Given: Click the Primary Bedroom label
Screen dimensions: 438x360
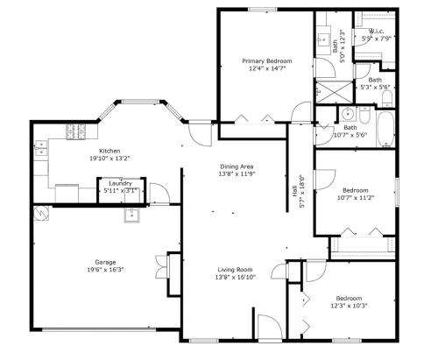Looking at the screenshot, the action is pos(267,61).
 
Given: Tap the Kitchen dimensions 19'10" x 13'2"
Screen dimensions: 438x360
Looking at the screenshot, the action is pos(109,159).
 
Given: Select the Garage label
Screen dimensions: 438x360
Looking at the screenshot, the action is pos(105,262).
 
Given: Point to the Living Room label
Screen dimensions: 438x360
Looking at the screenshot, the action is pos(235,270).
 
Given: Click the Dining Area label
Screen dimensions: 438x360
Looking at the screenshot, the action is pos(237,166).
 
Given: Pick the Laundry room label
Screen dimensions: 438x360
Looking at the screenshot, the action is pos(121,183).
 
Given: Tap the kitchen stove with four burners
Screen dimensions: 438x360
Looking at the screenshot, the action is pos(76,131).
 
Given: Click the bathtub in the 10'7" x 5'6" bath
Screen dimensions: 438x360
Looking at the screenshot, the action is pos(385,129).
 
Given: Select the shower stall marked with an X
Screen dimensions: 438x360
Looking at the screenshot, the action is pos(335,92).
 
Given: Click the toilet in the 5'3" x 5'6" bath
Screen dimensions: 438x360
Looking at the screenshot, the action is pos(387,99).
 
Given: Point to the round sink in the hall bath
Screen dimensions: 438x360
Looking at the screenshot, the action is pos(348,114).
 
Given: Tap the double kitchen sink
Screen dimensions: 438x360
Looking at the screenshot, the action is pos(41,148).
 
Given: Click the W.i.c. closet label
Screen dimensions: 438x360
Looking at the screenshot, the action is pos(376,31).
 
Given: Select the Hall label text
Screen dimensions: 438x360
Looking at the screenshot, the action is pos(294,191).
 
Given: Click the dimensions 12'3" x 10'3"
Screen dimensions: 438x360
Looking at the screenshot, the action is pos(349,306).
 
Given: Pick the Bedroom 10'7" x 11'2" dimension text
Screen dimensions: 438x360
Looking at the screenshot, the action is pos(356,197).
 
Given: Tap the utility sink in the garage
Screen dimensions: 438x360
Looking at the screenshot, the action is pos(132,215).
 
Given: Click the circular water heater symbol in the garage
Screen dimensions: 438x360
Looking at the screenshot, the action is pos(40,213).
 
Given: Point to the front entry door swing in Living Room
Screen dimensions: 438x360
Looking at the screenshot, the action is pos(271,327).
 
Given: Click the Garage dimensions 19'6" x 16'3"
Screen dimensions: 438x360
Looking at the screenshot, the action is pos(105,270).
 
